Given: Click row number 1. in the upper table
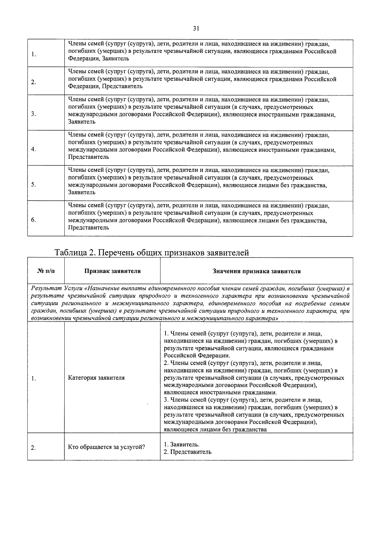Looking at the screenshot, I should click(x=34, y=54).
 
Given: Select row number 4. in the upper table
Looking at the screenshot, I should click(x=33, y=149).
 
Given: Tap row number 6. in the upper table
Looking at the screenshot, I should click(x=33, y=220).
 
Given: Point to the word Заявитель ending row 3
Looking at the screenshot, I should click(x=82, y=122).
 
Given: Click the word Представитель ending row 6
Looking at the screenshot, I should click(x=89, y=228).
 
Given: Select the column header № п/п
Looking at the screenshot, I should click(x=46, y=271).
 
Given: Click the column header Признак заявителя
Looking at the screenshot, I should click(x=112, y=271).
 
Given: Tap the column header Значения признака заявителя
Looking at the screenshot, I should click(x=256, y=271).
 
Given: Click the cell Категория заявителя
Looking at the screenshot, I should click(x=96, y=378).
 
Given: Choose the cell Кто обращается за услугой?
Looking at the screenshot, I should click(x=106, y=447).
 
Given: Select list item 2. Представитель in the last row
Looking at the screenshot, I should click(x=188, y=452).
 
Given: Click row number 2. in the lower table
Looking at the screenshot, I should click(x=33, y=448).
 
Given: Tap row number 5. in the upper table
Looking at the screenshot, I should click(x=33, y=185).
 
